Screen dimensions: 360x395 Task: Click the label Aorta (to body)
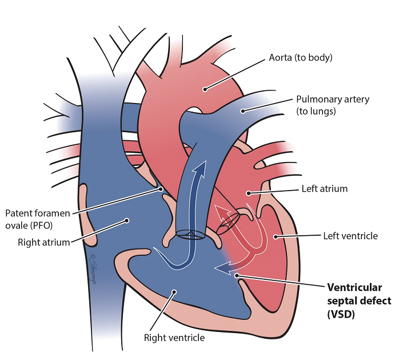[301, 58]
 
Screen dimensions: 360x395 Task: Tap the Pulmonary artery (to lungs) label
[333, 105]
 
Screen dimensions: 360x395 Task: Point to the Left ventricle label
[350, 235]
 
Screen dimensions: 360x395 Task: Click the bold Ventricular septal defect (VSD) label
[358, 300]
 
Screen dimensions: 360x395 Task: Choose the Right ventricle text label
[175, 337]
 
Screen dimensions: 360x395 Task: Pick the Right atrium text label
[43, 242]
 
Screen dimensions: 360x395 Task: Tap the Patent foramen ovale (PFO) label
[37, 218]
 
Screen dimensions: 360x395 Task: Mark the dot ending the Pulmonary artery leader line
[242, 111]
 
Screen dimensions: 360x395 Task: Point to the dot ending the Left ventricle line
[276, 235]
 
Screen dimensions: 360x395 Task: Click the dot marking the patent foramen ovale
[162, 188]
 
